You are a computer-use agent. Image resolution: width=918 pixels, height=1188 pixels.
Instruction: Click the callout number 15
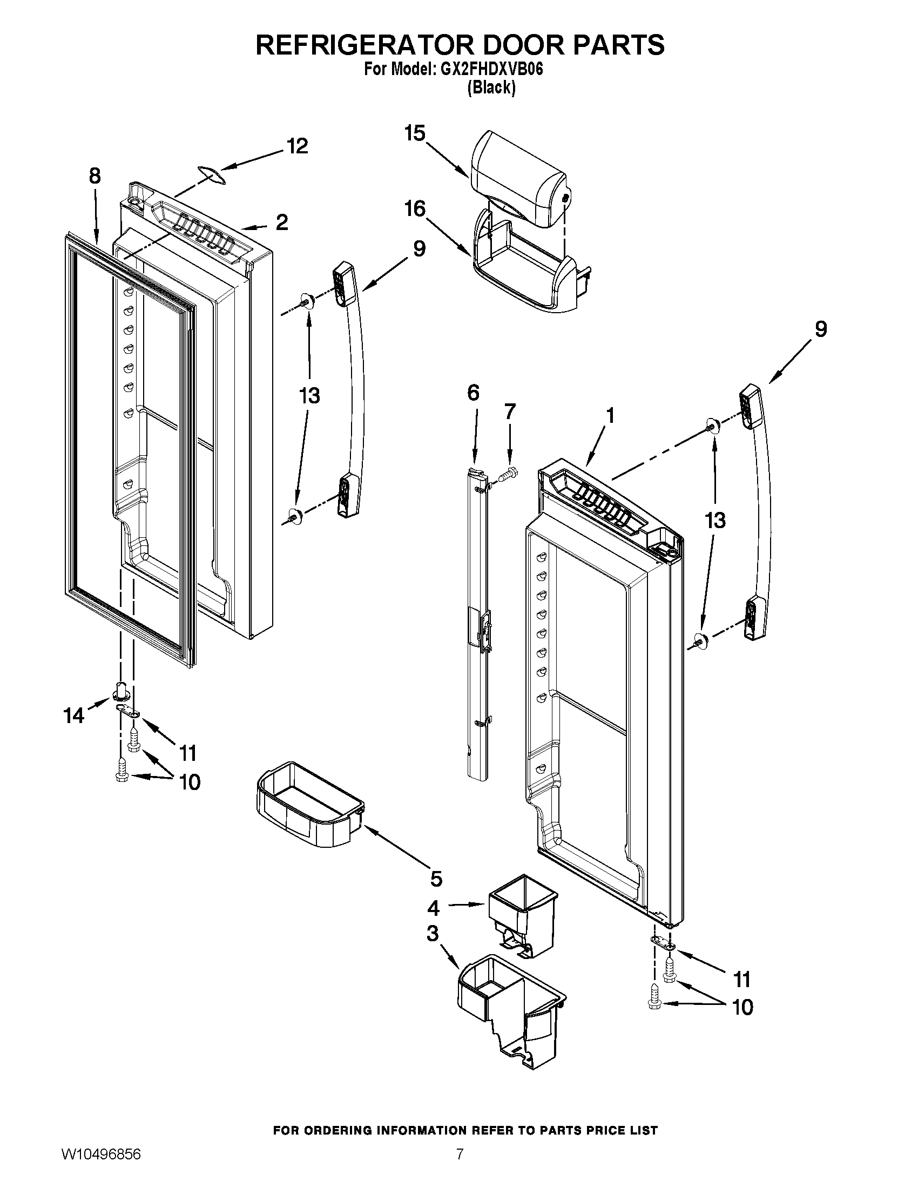click(414, 133)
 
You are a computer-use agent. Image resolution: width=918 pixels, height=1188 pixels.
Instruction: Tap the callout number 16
click(415, 208)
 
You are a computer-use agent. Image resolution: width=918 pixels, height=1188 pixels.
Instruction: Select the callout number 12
click(298, 146)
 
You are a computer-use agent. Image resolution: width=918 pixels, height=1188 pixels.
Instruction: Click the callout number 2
click(282, 222)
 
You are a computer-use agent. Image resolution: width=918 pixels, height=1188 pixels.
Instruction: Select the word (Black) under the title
click(491, 87)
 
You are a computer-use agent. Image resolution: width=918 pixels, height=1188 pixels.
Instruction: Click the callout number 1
click(610, 416)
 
